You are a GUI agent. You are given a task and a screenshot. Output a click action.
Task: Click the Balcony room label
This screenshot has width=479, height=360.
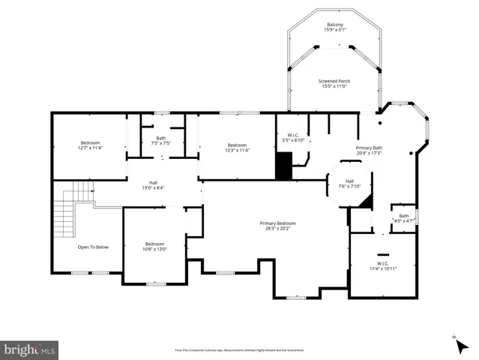coord(334,28)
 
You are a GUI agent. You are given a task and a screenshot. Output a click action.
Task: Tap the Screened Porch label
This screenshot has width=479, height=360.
coord(334,84)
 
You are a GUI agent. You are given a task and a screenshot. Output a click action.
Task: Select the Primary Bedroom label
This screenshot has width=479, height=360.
coord(277,226)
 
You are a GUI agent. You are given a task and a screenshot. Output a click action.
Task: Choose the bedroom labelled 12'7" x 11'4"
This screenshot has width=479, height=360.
coord(90,145)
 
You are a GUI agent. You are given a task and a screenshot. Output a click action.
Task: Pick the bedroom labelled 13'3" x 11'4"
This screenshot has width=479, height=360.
coord(237,147)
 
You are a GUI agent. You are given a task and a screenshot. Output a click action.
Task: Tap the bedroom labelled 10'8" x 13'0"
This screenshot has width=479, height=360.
coord(154,246)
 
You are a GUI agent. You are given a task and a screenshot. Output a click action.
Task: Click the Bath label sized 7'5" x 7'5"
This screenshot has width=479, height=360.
coord(161,140)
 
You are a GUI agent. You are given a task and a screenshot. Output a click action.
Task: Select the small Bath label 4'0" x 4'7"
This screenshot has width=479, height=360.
coord(403,219)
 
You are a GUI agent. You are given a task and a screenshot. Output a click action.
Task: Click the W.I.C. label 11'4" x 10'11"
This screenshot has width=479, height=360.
coord(382,265)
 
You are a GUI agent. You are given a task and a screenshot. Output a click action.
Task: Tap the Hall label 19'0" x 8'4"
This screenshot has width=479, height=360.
coord(153,185)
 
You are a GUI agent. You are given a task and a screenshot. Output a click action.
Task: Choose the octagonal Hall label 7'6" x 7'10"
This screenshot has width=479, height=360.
coord(349,184)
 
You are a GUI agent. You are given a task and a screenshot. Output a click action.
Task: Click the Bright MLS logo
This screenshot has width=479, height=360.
coord(30,349)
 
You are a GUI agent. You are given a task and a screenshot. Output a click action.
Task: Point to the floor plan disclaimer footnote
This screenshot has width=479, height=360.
coord(239,349)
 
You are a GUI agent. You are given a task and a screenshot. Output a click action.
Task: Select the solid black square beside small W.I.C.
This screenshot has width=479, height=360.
coord(283,166)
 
